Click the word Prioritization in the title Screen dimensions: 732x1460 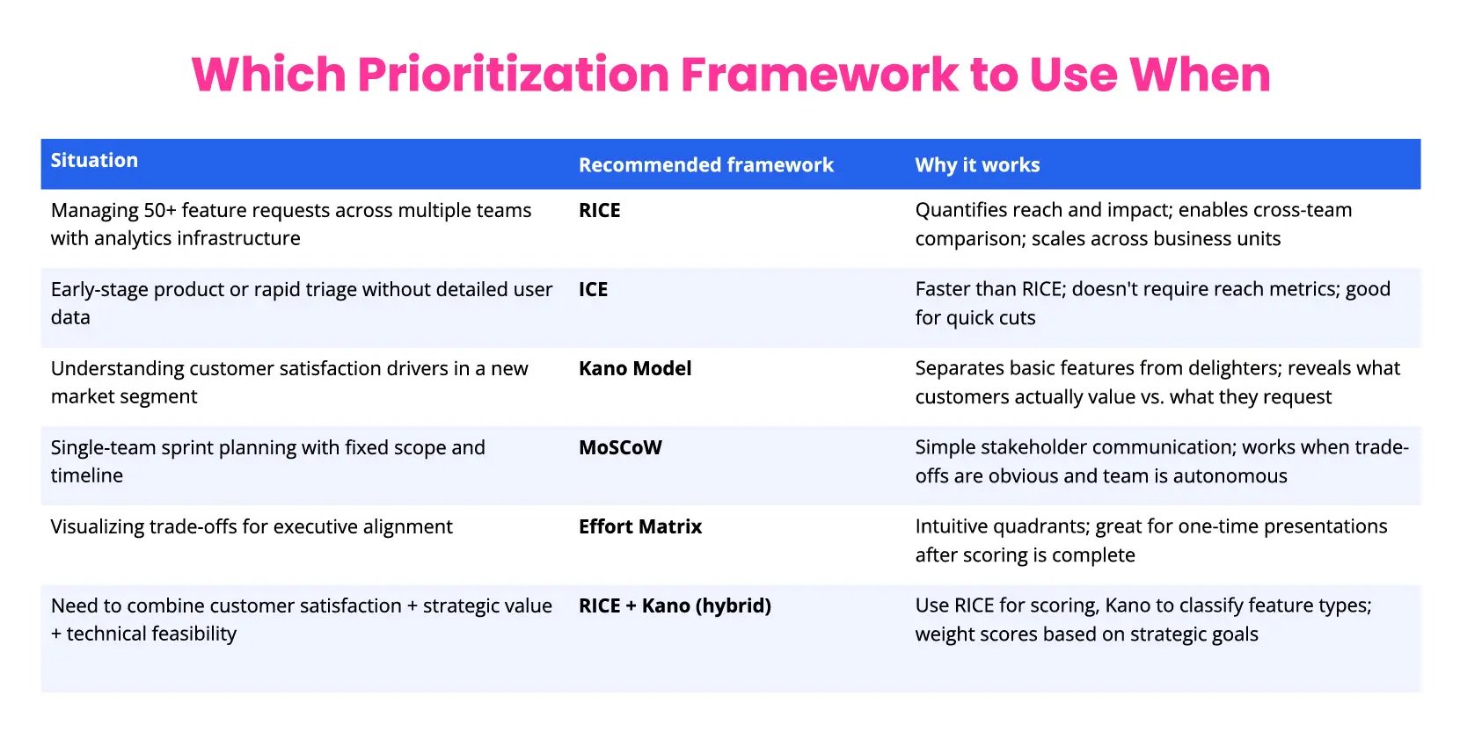click(x=513, y=75)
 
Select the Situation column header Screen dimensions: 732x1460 click(x=94, y=160)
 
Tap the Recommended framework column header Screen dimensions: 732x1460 click(x=705, y=165)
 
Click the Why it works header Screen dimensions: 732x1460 click(x=976, y=165)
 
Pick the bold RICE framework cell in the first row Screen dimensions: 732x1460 click(x=599, y=211)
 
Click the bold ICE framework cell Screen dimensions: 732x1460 click(x=593, y=290)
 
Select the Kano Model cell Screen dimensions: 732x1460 click(x=634, y=369)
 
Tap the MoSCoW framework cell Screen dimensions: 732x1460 click(x=619, y=448)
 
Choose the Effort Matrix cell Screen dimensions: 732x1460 click(x=639, y=527)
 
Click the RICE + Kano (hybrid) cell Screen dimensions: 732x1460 click(x=674, y=606)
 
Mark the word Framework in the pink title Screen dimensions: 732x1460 click(x=819, y=75)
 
